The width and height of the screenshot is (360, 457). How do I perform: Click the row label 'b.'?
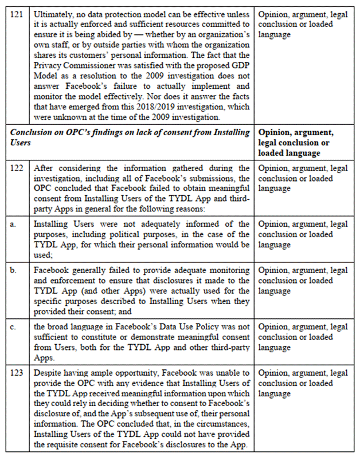tap(15, 270)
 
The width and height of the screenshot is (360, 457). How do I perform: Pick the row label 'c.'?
tap(15, 326)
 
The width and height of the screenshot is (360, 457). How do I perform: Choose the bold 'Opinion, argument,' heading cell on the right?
tap(296, 132)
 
